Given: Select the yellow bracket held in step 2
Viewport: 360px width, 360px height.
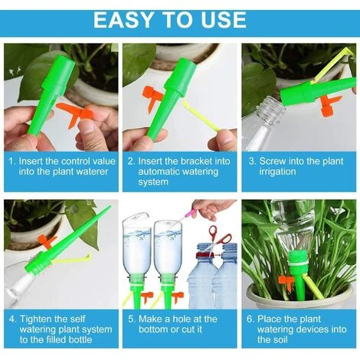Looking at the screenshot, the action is pos(201,116).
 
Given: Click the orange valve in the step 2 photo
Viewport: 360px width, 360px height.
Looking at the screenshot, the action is pos(152,97).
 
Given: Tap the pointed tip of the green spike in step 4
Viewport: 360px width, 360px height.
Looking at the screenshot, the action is pos(110,205).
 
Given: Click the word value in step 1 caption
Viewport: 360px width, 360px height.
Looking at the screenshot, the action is pos(103,162).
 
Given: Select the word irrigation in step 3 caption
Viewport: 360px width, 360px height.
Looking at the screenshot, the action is pos(277,172).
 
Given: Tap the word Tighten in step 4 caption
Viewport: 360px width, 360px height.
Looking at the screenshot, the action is pos(37,319).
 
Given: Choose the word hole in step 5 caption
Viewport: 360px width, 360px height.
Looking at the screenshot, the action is pos(182,319).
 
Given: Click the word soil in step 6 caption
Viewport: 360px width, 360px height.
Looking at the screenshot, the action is pos(279,340).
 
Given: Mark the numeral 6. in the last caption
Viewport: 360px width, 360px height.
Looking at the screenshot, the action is pos(250,319).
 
